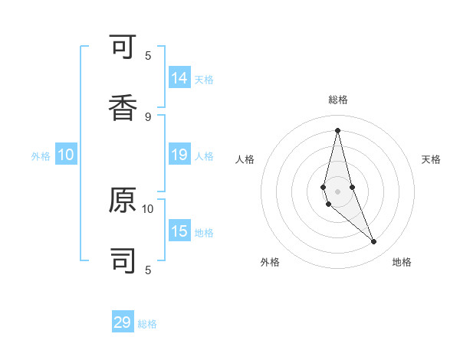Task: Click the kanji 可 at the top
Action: pos(123,48)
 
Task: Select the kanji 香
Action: pos(123,107)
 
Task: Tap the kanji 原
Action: pos(123,200)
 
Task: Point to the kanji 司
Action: pos(123,260)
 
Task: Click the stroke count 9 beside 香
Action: pos(148,116)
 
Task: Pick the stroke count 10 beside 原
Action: pos(148,208)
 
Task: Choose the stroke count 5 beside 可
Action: pos(148,55)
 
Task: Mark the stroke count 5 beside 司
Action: pos(148,270)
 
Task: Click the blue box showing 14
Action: pos(179,78)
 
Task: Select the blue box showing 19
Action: pos(179,155)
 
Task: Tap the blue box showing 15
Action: pos(179,231)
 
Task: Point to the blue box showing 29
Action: pos(123,322)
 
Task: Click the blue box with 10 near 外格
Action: pos(66,155)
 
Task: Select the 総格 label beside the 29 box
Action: pos(147,324)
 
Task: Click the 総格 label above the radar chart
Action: pos(337,100)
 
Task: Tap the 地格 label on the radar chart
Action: pos(402,262)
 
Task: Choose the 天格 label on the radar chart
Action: pos(431,159)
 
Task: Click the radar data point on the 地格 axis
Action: pos(374,242)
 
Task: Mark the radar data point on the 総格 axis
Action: pos(337,129)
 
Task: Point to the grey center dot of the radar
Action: pos(337,191)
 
